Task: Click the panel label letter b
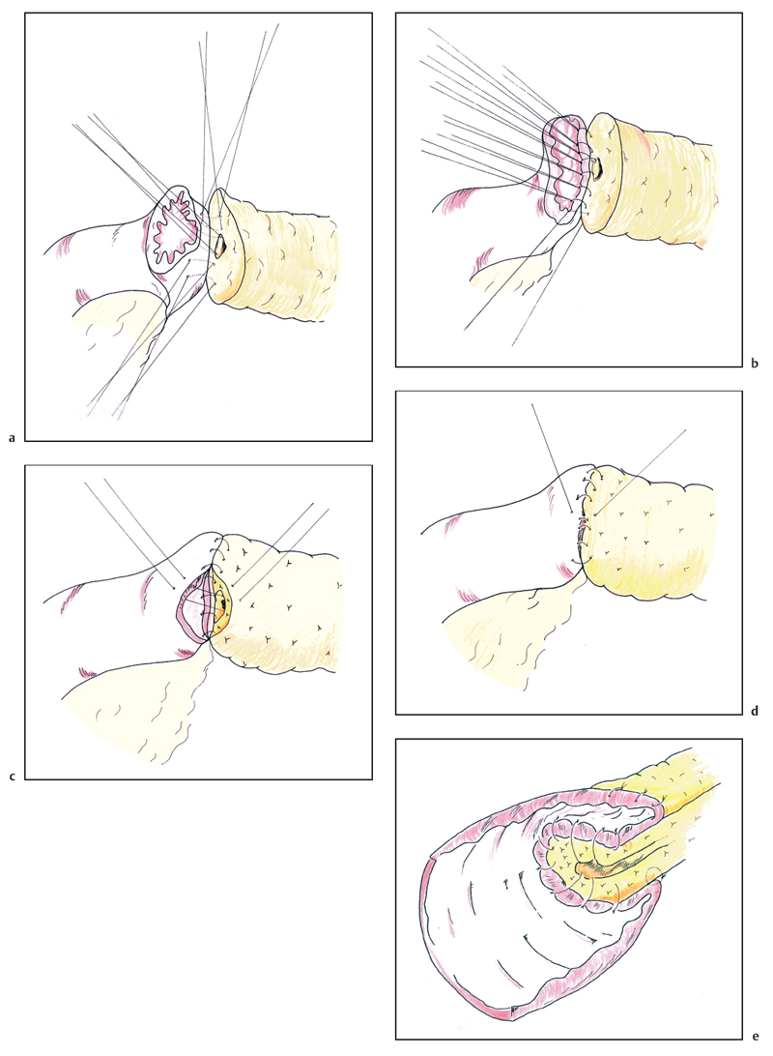point(755,364)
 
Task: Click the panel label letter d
point(755,711)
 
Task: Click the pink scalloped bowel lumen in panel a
point(174,227)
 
